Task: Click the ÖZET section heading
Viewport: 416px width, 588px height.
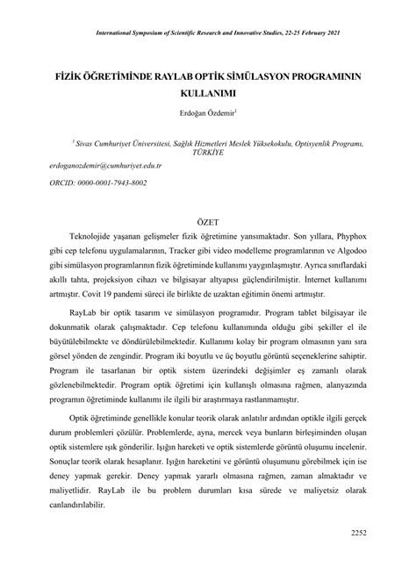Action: point(207,223)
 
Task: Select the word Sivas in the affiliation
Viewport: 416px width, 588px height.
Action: point(87,140)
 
